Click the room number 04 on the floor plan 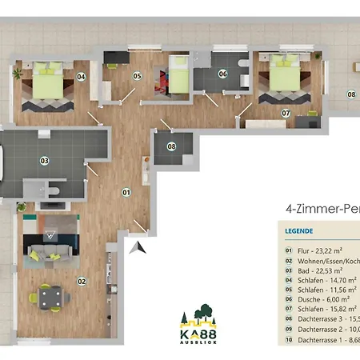click(x=81, y=77)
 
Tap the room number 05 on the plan click(x=137, y=76)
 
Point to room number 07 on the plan click(x=286, y=113)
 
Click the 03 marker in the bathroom click(x=45, y=161)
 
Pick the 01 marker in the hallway click(x=126, y=192)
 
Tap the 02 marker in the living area click(x=82, y=281)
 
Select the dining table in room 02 click(x=50, y=299)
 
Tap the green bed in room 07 click(x=284, y=75)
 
